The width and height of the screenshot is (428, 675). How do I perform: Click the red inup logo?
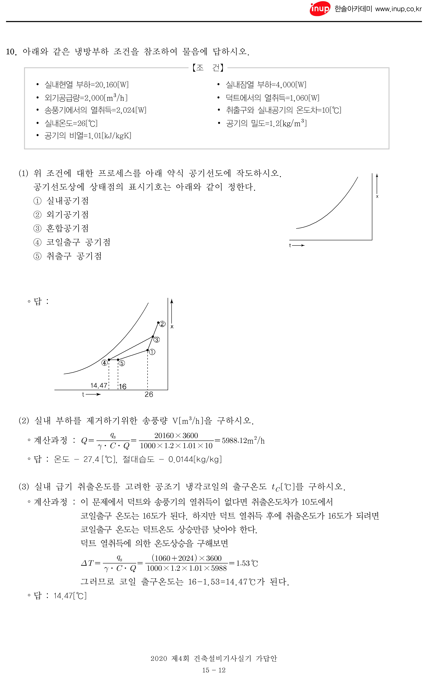pyautogui.click(x=320, y=9)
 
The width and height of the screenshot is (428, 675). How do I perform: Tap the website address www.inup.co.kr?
pyautogui.click(x=398, y=9)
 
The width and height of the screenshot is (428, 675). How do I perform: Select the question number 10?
pyautogui.click(x=11, y=52)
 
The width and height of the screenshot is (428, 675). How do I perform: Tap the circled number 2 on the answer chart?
pyautogui.click(x=162, y=324)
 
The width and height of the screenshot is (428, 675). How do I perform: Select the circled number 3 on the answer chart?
pyautogui.click(x=156, y=340)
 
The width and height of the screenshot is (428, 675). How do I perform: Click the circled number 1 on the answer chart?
pyautogui.click(x=152, y=352)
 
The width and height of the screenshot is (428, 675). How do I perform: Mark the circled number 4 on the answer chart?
pyautogui.click(x=104, y=363)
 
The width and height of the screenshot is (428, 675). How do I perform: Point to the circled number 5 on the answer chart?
pyautogui.click(x=122, y=363)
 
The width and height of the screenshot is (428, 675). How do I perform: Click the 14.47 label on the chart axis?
pyautogui.click(x=99, y=385)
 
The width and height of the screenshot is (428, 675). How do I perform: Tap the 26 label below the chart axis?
pyautogui.click(x=149, y=394)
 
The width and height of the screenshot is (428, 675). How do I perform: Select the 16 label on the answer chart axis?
pyautogui.click(x=123, y=386)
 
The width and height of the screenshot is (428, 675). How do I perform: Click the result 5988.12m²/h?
pyautogui.click(x=243, y=441)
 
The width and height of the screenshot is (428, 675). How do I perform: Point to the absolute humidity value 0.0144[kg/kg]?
pyautogui.click(x=195, y=460)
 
